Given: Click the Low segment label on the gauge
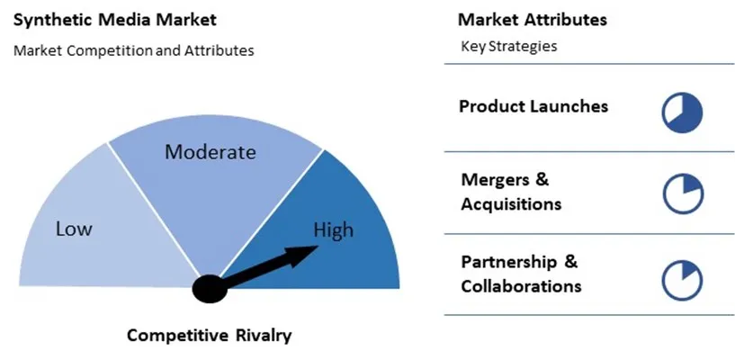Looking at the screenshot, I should [x=74, y=229].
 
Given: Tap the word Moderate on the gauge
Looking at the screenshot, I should [x=211, y=152].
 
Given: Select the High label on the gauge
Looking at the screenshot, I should [x=333, y=230].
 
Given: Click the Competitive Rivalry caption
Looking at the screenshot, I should [x=210, y=336].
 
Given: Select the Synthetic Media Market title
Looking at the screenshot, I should [x=115, y=19].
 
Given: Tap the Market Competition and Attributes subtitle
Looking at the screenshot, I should [x=134, y=50].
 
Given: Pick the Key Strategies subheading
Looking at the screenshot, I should [x=509, y=47].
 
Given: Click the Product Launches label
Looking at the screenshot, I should [x=533, y=106].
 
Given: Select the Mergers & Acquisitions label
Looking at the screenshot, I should [x=511, y=192].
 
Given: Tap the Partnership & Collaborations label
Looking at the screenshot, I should [x=521, y=274].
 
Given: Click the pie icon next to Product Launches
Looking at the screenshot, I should [x=682, y=112].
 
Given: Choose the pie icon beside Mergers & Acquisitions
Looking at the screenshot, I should [x=682, y=194].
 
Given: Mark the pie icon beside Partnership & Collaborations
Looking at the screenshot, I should [x=682, y=279].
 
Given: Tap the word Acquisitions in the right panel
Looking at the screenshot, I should [x=511, y=204].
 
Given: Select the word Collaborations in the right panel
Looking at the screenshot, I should [x=521, y=287].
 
